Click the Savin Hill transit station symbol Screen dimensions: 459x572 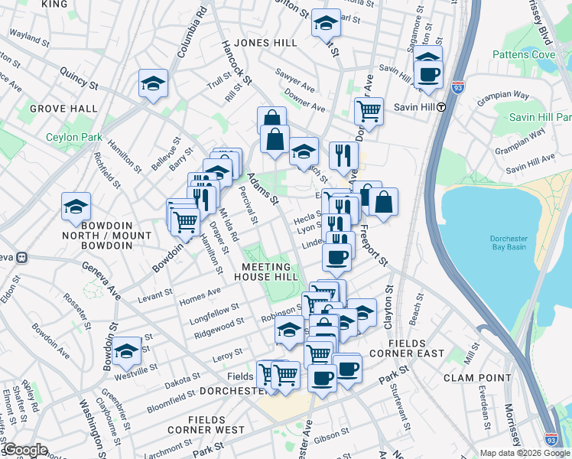click(x=441, y=107)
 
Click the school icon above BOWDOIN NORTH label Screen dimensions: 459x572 click(x=76, y=207)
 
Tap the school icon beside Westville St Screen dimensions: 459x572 click(x=127, y=350)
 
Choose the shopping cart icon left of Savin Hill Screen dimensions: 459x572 click(x=369, y=110)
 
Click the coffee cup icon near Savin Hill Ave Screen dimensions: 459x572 click(x=428, y=74)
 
